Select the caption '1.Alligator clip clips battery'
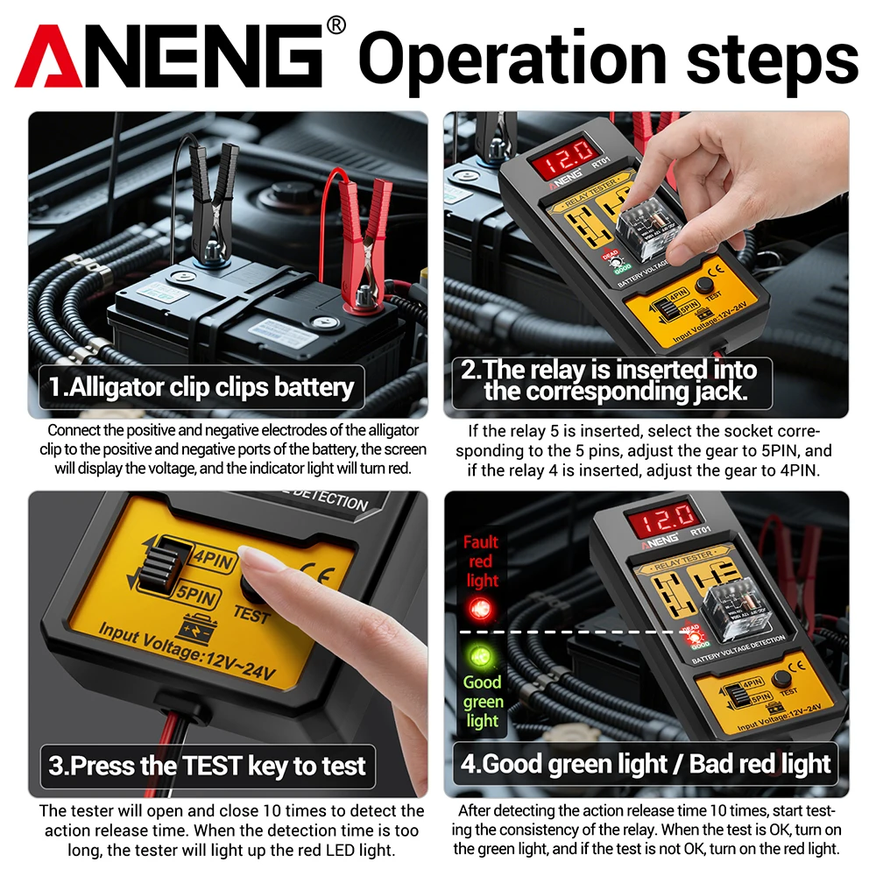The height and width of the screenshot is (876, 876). tap(201, 386)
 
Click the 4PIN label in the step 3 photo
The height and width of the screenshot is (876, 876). tap(210, 558)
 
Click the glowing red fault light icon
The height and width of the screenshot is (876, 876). tap(480, 606)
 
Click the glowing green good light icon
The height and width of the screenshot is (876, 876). tap(480, 655)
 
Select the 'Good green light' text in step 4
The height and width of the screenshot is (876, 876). tap(483, 701)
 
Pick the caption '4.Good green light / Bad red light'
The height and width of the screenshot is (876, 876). tap(646, 763)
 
